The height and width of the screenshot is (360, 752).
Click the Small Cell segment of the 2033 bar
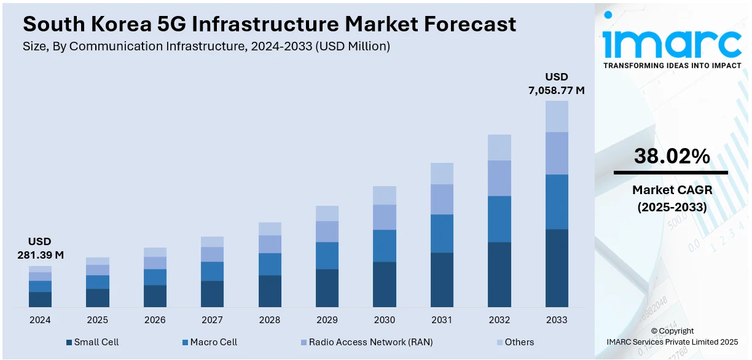(557, 268)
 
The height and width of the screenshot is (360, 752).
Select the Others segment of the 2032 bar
(499, 147)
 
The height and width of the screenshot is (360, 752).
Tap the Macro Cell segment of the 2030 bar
(384, 246)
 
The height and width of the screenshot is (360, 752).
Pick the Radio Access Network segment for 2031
(442, 199)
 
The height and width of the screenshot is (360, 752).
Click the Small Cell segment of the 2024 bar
(40, 299)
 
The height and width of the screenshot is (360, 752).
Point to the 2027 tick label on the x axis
(212, 320)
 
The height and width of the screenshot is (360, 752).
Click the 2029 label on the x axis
(327, 320)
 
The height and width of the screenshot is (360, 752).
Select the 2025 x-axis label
(97, 320)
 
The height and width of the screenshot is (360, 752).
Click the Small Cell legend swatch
(69, 342)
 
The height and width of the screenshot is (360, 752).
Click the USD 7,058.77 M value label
(557, 84)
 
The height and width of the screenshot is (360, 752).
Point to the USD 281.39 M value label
(40, 248)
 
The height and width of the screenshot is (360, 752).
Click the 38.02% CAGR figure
(671, 157)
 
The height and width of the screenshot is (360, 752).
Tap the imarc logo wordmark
(672, 41)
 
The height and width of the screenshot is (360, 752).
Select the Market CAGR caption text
(672, 190)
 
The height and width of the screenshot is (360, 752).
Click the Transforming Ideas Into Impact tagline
(672, 65)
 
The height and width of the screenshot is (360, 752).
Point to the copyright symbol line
(672, 331)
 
